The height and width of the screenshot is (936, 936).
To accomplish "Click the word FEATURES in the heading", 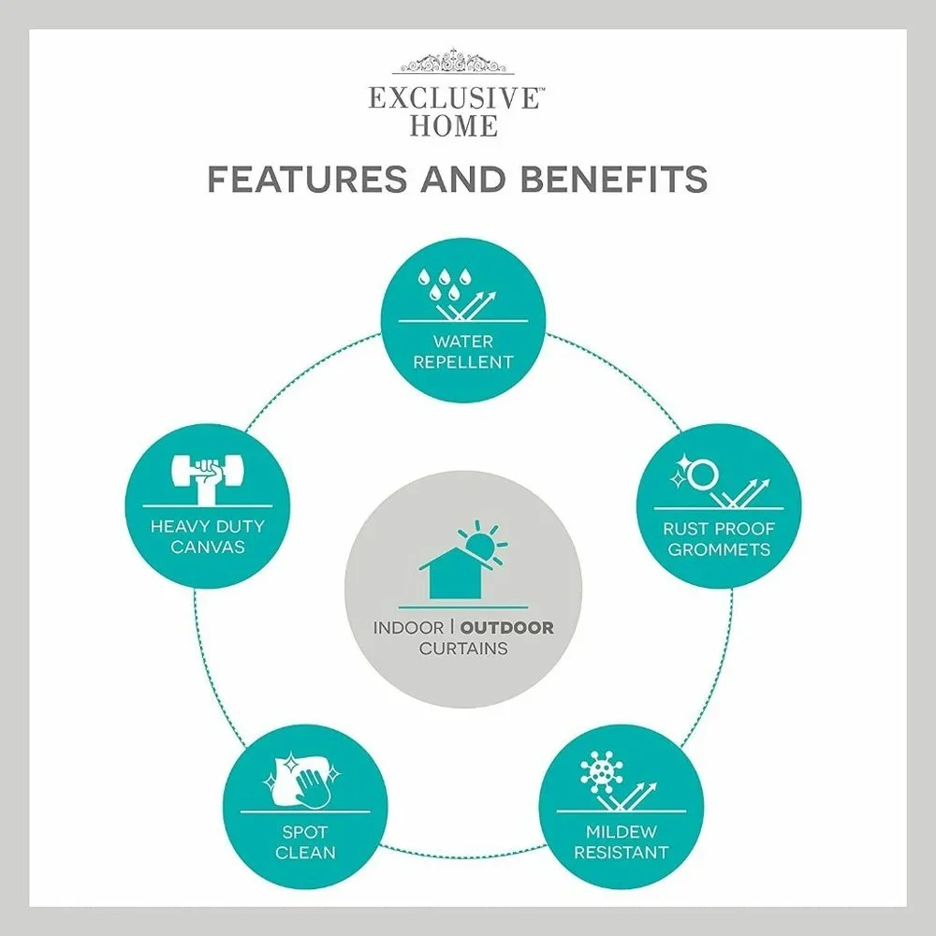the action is pyautogui.click(x=307, y=179).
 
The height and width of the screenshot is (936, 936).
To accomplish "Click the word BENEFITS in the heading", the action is pyautogui.click(x=614, y=179).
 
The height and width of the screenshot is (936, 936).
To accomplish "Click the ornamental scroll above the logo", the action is pyautogui.click(x=458, y=62).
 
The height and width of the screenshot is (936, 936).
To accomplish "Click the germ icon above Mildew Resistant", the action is pyautogui.click(x=601, y=770).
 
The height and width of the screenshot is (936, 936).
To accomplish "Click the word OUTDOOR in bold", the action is pyautogui.click(x=506, y=628).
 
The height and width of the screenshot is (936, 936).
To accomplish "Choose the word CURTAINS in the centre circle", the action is pyautogui.click(x=463, y=649).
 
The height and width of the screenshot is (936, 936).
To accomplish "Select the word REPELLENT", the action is pyautogui.click(x=463, y=362).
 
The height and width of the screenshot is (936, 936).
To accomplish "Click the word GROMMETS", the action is pyautogui.click(x=719, y=549).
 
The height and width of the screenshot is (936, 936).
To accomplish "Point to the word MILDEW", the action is pyautogui.click(x=622, y=831).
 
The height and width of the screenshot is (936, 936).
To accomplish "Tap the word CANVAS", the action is pyautogui.click(x=208, y=547).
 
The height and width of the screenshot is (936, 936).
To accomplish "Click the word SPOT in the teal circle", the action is pyautogui.click(x=305, y=831).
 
